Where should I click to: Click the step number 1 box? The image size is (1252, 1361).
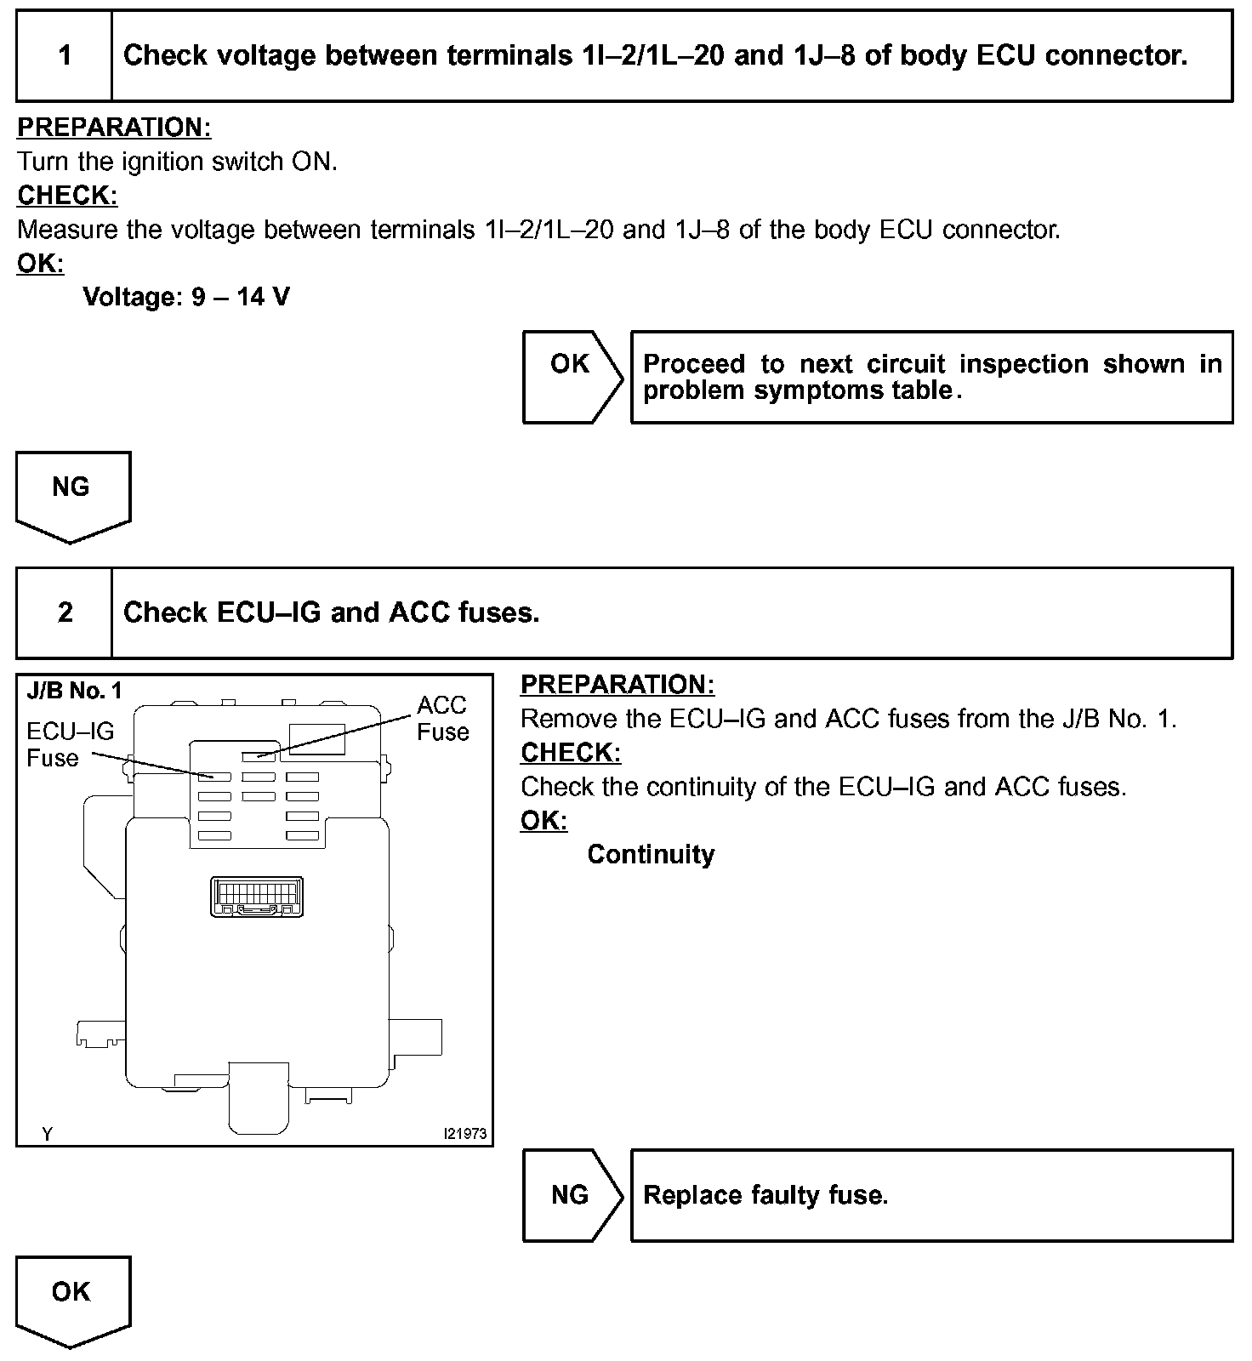(65, 56)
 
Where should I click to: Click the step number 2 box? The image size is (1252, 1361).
(65, 612)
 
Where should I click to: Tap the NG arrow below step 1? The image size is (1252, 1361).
(72, 493)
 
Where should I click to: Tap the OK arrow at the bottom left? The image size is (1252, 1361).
(72, 1297)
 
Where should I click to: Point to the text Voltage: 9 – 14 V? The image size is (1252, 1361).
(186, 297)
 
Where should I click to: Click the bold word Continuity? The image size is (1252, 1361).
(651, 854)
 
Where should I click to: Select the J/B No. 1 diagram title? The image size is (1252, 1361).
(74, 690)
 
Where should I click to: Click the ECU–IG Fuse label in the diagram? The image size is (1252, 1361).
(70, 744)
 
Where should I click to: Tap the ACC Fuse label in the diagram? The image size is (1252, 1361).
(442, 718)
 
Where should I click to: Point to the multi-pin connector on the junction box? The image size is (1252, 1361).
(256, 897)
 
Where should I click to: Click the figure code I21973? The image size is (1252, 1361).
(464, 1134)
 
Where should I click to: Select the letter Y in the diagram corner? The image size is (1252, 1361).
(48, 1134)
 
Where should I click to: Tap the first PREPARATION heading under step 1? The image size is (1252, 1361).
(114, 128)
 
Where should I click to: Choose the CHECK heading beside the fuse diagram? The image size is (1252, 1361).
(571, 753)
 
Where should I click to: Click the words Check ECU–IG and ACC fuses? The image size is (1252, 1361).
(332, 612)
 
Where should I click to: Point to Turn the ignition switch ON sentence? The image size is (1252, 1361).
(178, 162)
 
